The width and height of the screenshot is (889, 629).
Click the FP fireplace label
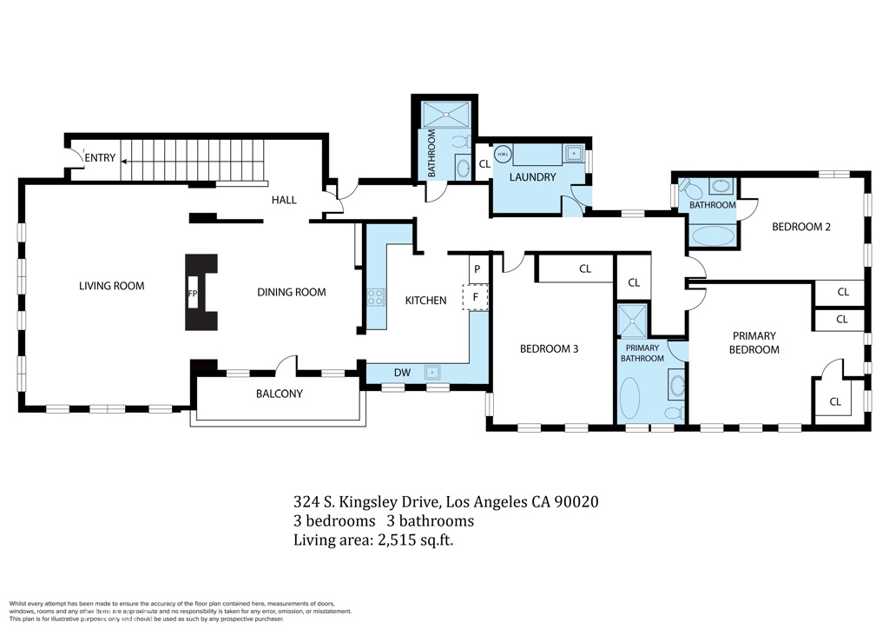tap(193, 294)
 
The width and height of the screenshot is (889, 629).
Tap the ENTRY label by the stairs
tap(101, 157)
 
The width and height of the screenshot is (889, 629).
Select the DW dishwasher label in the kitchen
tap(403, 373)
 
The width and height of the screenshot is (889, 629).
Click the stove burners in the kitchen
tap(376, 297)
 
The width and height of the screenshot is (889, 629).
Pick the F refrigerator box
tap(476, 296)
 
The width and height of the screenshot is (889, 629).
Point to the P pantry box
tap(477, 268)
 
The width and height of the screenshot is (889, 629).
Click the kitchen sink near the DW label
tap(432, 372)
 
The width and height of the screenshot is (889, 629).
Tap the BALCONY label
tap(280, 394)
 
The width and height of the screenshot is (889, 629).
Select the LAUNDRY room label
tap(532, 177)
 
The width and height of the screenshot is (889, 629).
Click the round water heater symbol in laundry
tap(503, 154)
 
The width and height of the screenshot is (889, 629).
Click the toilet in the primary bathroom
tap(673, 413)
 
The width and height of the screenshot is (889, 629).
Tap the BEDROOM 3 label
tap(549, 348)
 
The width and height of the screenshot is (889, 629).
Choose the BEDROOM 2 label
tap(801, 227)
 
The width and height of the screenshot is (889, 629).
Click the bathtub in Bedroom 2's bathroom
tap(713, 236)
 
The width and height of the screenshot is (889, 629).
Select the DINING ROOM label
tap(292, 292)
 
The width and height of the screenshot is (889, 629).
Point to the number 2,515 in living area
tap(396, 540)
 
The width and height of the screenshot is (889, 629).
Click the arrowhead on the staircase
tap(123, 161)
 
